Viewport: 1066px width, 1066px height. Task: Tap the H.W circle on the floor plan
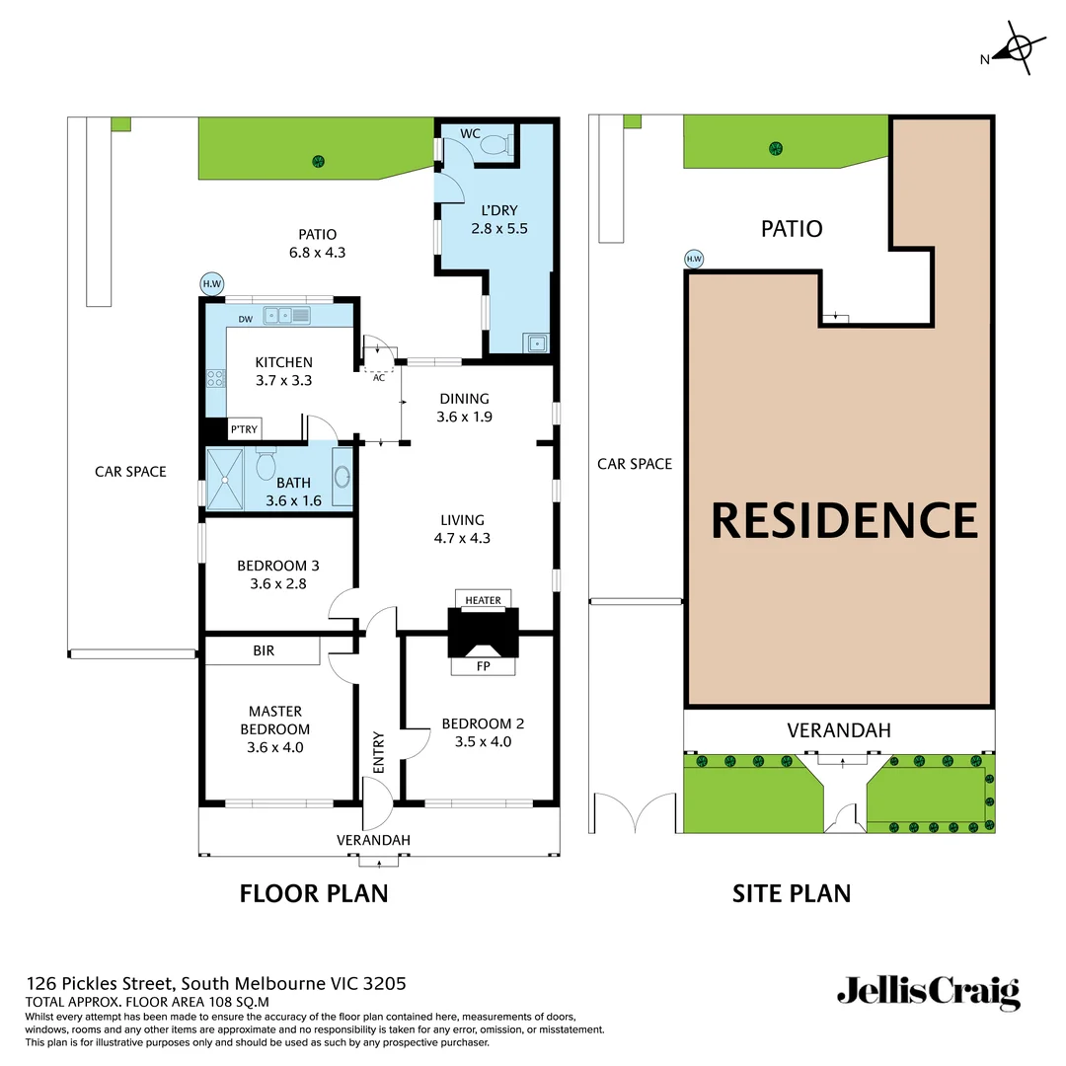pyautogui.click(x=211, y=284)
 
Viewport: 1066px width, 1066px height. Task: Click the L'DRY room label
pyautogui.click(x=491, y=210)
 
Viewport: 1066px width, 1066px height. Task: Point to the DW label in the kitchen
pyautogui.click(x=246, y=318)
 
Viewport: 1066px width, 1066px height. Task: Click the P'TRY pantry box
pyautogui.click(x=244, y=429)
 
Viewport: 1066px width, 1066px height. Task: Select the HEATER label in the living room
pyautogui.click(x=483, y=600)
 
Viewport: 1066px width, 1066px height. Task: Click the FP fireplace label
pyautogui.click(x=483, y=667)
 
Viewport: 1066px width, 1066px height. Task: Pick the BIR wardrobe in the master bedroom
pyautogui.click(x=263, y=651)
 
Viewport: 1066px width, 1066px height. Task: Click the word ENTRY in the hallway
pyautogui.click(x=378, y=752)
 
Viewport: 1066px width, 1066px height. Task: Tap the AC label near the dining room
pyautogui.click(x=378, y=376)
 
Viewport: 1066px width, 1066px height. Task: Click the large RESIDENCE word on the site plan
pyautogui.click(x=844, y=520)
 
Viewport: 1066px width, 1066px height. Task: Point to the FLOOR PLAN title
pyautogui.click(x=314, y=893)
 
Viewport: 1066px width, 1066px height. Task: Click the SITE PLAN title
pyautogui.click(x=791, y=893)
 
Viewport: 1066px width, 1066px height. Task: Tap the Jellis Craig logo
pyautogui.click(x=928, y=991)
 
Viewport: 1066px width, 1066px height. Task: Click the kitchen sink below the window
pyautogui.click(x=286, y=315)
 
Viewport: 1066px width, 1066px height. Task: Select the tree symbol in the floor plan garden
pyautogui.click(x=318, y=161)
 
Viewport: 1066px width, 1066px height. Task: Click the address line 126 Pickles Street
pyautogui.click(x=215, y=983)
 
